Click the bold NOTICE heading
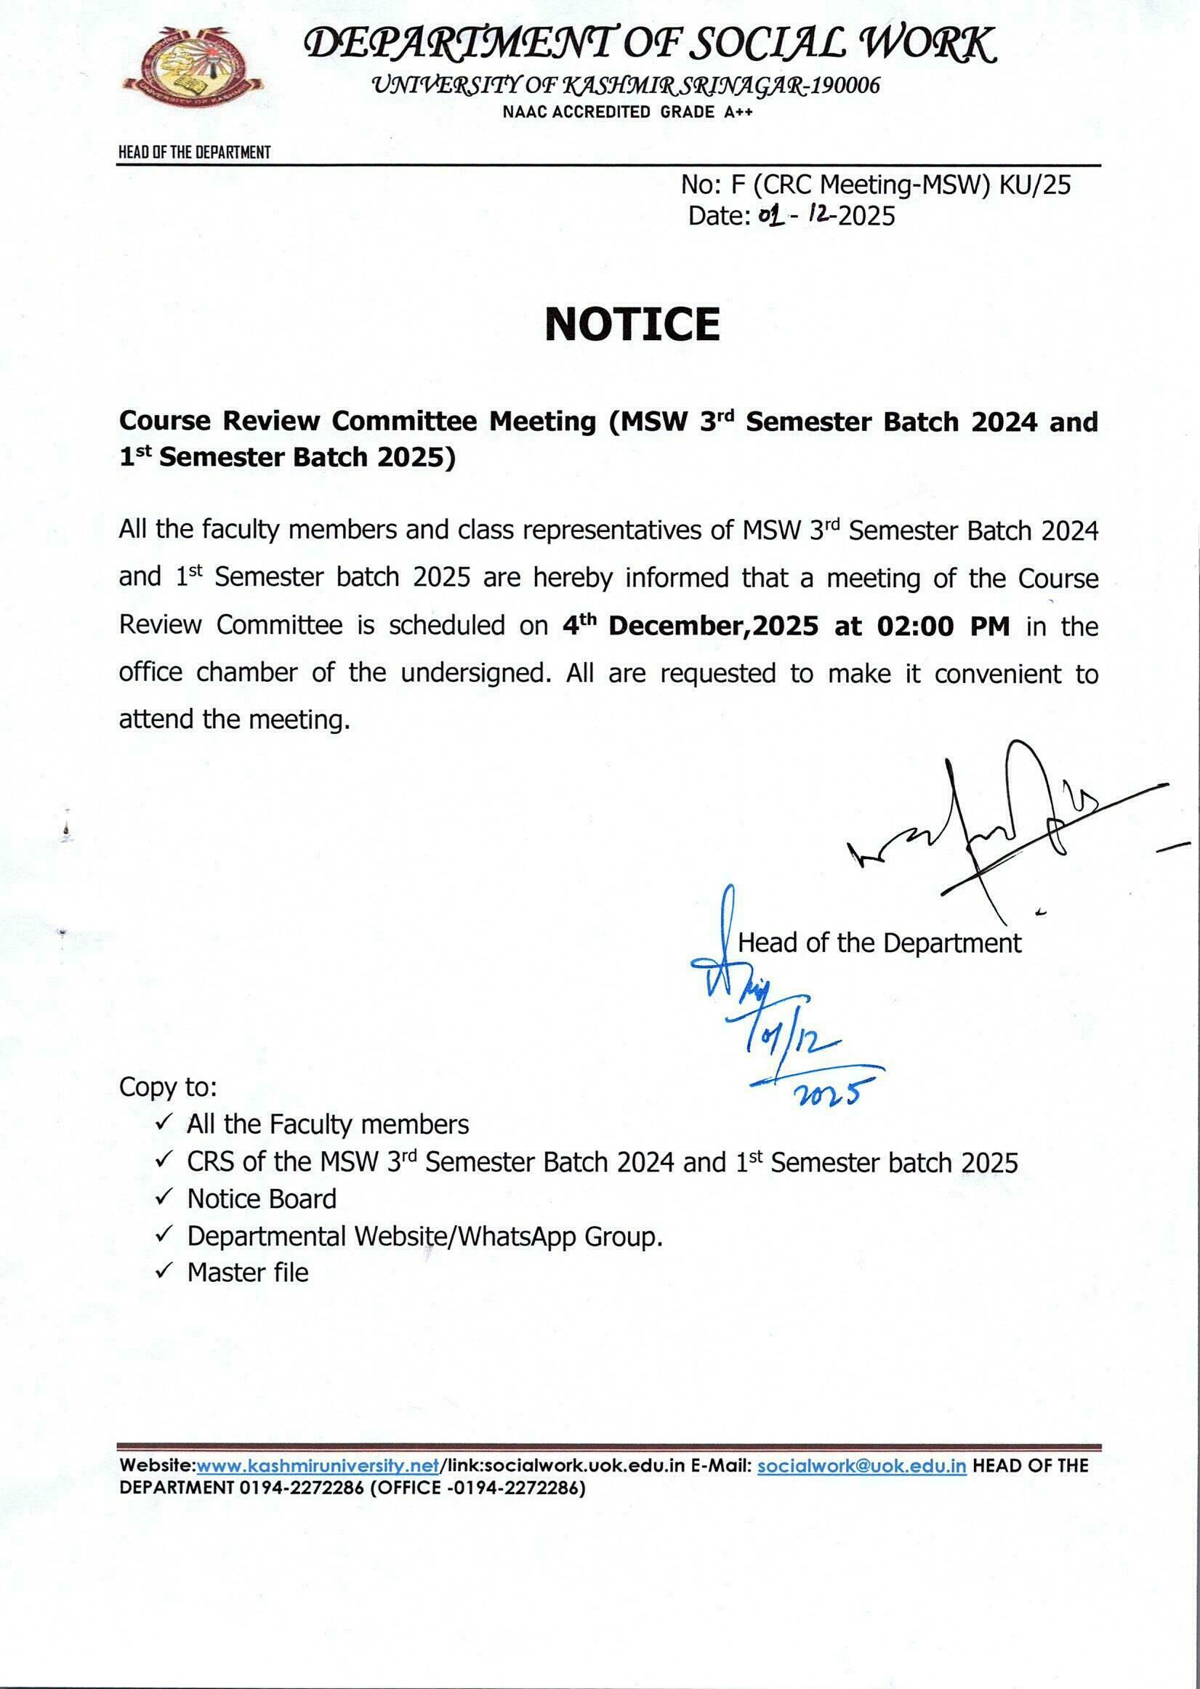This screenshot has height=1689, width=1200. (632, 324)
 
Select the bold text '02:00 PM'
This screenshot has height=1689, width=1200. (943, 626)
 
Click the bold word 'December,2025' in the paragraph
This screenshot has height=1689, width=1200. (713, 626)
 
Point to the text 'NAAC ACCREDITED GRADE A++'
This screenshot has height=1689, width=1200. (627, 113)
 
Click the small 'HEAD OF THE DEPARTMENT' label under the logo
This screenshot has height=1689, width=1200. (194, 153)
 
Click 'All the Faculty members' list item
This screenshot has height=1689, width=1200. (327, 1124)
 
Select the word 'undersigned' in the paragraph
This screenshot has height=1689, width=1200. (472, 673)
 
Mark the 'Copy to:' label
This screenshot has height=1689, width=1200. (168, 1087)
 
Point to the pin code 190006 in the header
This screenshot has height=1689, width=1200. (845, 86)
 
